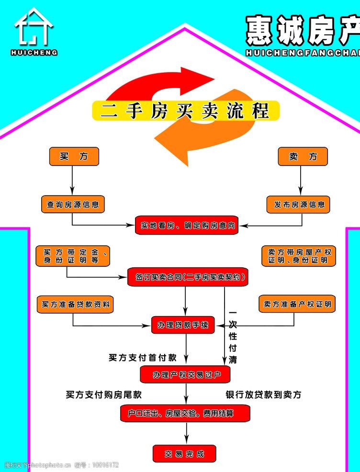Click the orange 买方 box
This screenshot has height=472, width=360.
click(x=74, y=156)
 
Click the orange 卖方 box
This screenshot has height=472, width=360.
click(x=303, y=156)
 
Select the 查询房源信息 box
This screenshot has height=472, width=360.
click(x=73, y=204)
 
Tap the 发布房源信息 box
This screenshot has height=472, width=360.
click(x=299, y=204)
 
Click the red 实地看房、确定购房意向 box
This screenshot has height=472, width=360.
click(x=187, y=225)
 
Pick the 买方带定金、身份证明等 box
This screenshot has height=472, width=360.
click(x=73, y=256)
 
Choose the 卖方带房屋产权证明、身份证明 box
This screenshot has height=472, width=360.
click(x=299, y=256)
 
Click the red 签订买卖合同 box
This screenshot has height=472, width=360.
click(x=188, y=277)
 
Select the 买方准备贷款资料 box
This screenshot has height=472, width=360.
click(x=75, y=304)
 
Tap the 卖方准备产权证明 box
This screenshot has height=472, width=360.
click(x=297, y=304)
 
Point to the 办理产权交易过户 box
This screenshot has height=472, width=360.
click(x=185, y=374)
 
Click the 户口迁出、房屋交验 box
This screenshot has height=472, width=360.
click(x=184, y=413)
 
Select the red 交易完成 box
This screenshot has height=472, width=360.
click(x=184, y=453)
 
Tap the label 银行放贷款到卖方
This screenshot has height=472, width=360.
click(x=263, y=395)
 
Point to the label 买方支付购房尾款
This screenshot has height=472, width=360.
click(x=104, y=395)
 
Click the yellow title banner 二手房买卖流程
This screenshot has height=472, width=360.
click(x=185, y=110)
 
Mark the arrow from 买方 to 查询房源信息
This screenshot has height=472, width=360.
click(x=72, y=180)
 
